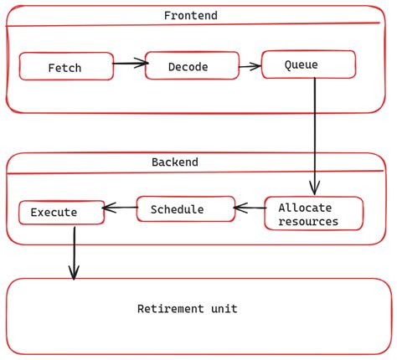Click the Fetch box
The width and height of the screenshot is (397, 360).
[66, 67]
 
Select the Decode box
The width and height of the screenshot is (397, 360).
[192, 66]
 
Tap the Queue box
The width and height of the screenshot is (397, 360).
[308, 64]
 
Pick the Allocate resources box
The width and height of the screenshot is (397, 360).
[313, 214]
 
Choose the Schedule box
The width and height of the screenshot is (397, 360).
[185, 209]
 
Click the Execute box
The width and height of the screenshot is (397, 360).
[61, 213]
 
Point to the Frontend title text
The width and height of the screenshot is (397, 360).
[191, 16]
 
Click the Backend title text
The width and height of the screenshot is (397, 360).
[174, 162]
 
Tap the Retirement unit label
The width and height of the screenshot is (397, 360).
[187, 309]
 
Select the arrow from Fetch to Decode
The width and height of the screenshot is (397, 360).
[130, 63]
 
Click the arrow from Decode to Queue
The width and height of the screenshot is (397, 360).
[250, 65]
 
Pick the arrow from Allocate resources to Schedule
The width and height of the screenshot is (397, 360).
[249, 208]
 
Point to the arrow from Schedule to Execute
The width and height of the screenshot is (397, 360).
[120, 208]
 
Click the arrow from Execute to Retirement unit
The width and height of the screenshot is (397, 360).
[74, 251]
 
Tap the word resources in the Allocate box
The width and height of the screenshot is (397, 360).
[308, 222]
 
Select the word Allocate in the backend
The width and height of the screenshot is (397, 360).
[305, 208]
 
